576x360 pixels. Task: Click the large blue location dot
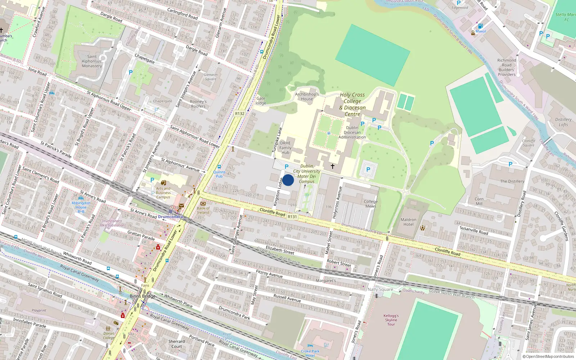(288, 180)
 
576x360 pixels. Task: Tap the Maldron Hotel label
(408, 222)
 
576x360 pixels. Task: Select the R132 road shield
(239, 113)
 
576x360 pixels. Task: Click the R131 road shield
(292, 217)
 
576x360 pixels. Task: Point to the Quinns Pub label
(219, 174)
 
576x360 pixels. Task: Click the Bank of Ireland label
(203, 210)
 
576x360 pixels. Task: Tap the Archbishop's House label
(307, 96)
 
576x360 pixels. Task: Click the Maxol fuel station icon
(480, 26)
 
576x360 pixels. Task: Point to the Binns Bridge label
(143, 296)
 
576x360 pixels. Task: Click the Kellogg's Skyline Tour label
(391, 320)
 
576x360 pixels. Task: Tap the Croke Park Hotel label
(310, 353)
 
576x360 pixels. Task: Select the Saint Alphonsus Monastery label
(92, 61)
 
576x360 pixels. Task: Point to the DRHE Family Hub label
(285, 148)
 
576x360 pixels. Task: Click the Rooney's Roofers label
(198, 104)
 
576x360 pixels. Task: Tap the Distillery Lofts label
(563, 122)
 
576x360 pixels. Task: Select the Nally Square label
(380, 289)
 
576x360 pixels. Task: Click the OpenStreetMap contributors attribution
(548, 356)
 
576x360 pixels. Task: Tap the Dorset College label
(109, 336)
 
